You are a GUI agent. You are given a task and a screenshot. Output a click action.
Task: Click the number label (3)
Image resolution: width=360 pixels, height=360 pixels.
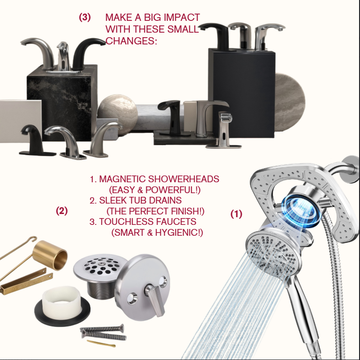[x=85, y=18]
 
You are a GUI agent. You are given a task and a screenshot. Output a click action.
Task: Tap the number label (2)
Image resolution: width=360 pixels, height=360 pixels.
[x=62, y=210]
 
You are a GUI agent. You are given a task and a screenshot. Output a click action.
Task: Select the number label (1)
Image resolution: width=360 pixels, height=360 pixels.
[x=236, y=214]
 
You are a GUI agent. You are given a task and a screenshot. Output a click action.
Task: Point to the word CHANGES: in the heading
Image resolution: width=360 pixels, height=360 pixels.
[x=131, y=41]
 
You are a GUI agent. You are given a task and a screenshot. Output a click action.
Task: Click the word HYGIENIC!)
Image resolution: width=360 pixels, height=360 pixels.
[x=179, y=233]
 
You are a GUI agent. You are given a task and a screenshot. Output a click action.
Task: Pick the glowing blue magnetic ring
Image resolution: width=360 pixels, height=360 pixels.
[x=302, y=211]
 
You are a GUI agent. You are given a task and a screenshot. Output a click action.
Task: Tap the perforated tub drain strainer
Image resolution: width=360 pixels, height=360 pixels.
[x=101, y=266]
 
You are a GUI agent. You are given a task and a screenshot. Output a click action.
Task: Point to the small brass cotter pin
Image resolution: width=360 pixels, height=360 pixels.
[x=101, y=343]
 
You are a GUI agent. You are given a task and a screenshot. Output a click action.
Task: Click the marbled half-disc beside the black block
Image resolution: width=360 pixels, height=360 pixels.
[x=290, y=102]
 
